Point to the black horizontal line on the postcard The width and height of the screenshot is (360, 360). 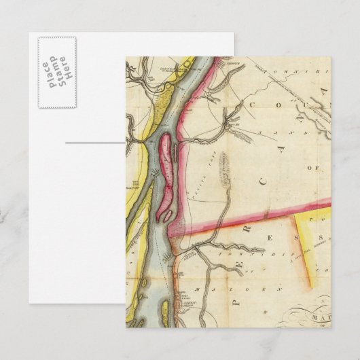(96, 142)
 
